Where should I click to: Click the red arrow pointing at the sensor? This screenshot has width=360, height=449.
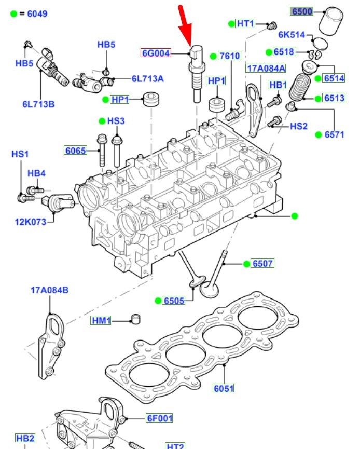[x=185, y=23]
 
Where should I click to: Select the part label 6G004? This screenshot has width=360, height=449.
[x=156, y=52]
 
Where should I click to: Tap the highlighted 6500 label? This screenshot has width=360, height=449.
[x=301, y=11]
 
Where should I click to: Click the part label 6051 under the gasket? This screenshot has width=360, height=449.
[x=223, y=388]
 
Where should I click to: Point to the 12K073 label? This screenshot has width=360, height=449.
[x=30, y=222]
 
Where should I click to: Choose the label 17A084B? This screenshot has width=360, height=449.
[x=49, y=290]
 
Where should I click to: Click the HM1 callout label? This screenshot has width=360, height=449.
[x=102, y=321]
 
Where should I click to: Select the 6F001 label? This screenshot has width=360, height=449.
[x=159, y=418]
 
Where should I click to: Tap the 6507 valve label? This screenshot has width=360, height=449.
[x=262, y=264]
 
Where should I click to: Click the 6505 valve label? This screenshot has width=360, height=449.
[x=174, y=301]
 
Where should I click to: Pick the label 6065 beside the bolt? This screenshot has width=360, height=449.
[x=75, y=151]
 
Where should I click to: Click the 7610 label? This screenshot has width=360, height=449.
[x=229, y=56]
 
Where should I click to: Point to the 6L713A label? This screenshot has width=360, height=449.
[x=147, y=79]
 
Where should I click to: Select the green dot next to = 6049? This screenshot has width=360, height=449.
[x=13, y=13]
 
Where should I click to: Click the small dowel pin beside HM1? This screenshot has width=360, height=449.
[x=135, y=318]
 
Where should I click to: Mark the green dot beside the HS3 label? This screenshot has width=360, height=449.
[x=102, y=121]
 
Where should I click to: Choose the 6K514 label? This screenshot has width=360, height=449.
[x=292, y=35]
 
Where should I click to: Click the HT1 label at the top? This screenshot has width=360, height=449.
[x=245, y=23]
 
